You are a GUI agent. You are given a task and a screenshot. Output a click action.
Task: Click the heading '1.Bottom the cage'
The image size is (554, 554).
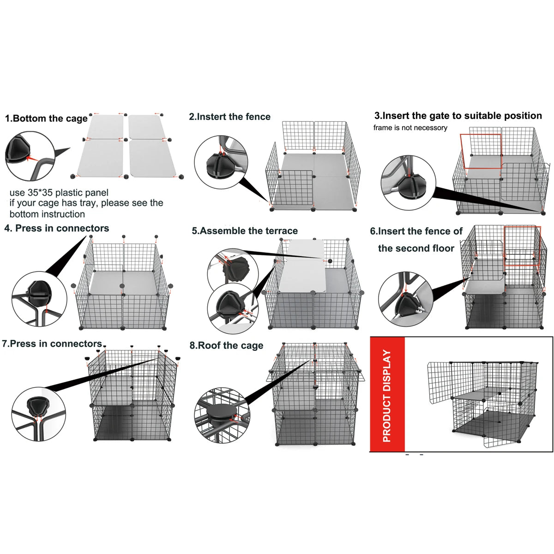[46, 119]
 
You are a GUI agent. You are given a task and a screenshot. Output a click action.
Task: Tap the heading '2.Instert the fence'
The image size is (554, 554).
[229, 117]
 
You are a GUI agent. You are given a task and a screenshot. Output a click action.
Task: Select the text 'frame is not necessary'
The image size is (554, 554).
[410, 128]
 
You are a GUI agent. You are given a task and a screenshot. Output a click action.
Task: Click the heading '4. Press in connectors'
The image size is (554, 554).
[57, 229]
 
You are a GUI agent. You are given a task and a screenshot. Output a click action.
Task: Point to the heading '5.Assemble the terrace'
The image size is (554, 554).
[245, 231]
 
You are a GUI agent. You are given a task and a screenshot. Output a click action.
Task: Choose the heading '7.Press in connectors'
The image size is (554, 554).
[52, 344]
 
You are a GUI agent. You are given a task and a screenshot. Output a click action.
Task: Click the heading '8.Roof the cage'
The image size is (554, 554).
[226, 346]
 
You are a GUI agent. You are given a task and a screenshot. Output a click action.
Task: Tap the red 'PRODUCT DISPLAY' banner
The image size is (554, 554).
[387, 395]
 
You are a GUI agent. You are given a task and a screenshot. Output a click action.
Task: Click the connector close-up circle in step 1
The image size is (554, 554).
[29, 156]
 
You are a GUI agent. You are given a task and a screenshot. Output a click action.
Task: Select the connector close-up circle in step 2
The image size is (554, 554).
[221, 162]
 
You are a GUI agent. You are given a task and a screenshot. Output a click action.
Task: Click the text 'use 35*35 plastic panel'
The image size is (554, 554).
[59, 193]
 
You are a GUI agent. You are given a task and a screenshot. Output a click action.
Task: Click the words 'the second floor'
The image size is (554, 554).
[416, 248]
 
